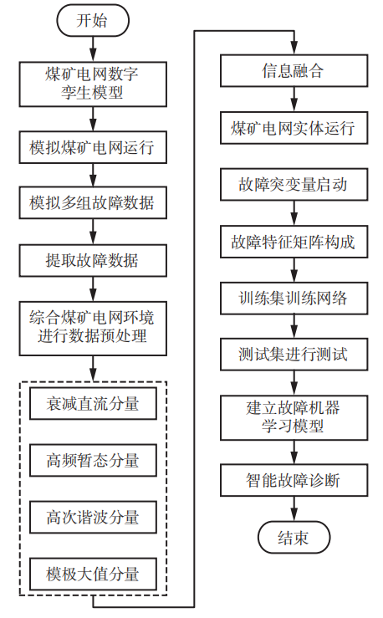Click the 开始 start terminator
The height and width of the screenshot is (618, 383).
[x=92, y=21]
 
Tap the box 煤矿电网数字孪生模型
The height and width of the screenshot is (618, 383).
[x=92, y=83]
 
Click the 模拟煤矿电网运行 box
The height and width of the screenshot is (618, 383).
[x=92, y=148]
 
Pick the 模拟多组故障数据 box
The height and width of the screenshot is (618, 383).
[x=92, y=203]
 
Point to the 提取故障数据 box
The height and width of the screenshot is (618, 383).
[x=92, y=260]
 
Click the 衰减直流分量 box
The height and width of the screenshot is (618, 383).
[x=92, y=405]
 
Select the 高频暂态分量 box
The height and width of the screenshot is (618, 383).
[x=92, y=461]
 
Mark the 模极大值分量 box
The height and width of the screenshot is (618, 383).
[x=92, y=574]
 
